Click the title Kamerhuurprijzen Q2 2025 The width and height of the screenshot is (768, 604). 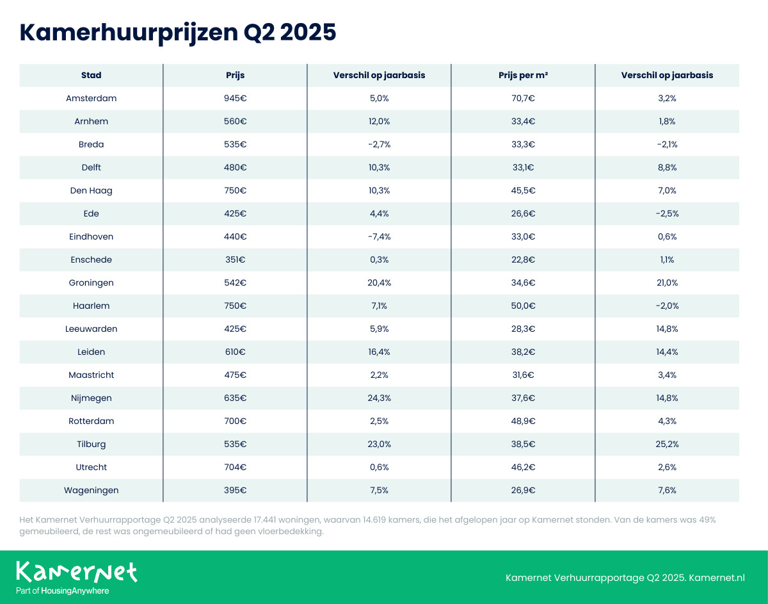[178, 33]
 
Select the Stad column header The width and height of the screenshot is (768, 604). [91, 75]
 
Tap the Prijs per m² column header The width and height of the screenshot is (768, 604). [523, 75]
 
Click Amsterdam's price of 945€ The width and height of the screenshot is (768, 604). [235, 99]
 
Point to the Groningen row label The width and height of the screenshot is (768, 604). [91, 282]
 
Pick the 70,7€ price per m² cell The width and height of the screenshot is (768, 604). [523, 99]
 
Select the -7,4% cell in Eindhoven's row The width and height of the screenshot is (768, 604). [379, 236]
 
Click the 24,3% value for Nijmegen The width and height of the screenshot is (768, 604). [379, 398]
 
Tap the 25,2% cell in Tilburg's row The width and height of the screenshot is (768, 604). [666, 444]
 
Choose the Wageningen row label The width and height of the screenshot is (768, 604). [91, 490]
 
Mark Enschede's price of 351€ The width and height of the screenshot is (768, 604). [235, 259]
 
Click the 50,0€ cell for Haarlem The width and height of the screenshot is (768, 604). [523, 306]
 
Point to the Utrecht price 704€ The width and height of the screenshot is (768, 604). [235, 467]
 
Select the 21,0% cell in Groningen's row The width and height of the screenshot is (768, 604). [666, 282]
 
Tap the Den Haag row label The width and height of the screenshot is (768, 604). [91, 190]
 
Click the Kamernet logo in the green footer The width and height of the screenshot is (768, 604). [76, 571]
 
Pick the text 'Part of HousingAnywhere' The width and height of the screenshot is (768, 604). [62, 591]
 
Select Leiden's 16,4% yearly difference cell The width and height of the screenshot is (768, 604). [379, 352]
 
